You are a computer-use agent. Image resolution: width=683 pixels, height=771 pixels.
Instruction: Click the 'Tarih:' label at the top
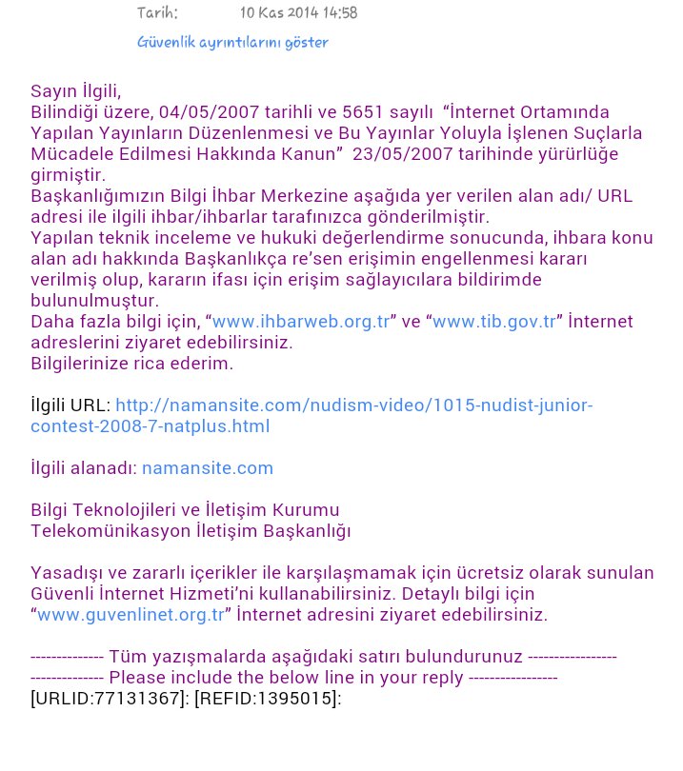point(157,13)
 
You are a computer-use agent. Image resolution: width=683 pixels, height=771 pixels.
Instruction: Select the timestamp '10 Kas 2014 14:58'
point(298,13)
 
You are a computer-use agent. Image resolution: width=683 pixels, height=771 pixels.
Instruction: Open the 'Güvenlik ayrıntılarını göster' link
point(232,43)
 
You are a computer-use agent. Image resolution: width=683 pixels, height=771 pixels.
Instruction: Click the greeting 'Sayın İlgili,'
point(76,91)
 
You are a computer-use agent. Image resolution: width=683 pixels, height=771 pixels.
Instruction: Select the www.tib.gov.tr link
point(493,322)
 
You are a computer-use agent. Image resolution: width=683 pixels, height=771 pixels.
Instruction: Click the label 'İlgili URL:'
point(70,405)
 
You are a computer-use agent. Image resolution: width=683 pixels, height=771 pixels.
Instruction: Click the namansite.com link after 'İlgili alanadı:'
point(208,468)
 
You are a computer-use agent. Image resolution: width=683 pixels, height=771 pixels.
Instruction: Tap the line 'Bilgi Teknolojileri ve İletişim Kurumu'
point(185,510)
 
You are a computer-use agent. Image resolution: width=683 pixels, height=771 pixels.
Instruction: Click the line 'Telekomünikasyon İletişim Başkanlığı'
point(191,531)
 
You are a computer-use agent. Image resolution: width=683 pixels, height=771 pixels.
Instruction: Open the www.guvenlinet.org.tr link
point(131,615)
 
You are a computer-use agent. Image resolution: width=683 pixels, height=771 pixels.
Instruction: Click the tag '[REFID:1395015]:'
point(268,699)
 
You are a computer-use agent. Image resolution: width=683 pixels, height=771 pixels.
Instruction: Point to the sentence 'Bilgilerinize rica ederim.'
point(131,364)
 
